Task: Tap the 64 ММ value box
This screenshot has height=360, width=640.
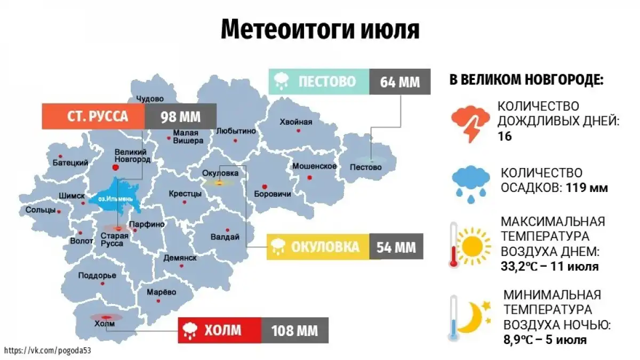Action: pos(400,82)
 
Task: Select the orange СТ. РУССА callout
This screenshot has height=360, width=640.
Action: pos(93,116)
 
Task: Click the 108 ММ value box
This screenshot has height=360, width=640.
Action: pos(294,330)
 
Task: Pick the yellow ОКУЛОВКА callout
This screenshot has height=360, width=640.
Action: pos(317,247)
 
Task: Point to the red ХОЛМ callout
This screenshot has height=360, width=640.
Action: pos(219,330)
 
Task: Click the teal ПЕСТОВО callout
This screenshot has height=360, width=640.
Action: pos(318,82)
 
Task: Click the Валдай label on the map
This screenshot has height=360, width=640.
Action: pos(225,237)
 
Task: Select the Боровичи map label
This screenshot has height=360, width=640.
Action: pos(273,194)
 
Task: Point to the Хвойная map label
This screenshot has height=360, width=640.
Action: pos(297,122)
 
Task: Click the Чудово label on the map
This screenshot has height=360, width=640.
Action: pos(150,99)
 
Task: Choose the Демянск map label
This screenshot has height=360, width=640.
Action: pos(180,258)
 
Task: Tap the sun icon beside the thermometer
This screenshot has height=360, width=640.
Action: pos(473,246)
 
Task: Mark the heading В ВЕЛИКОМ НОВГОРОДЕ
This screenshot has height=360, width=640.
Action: pos(526,82)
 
